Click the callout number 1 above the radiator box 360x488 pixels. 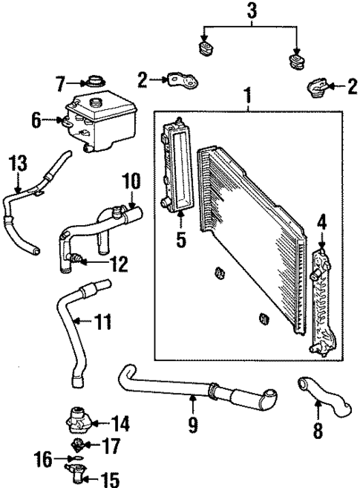[249, 96]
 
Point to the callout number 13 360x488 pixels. [16, 163]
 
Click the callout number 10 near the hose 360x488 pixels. [131, 180]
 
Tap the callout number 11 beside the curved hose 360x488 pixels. [102, 321]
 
